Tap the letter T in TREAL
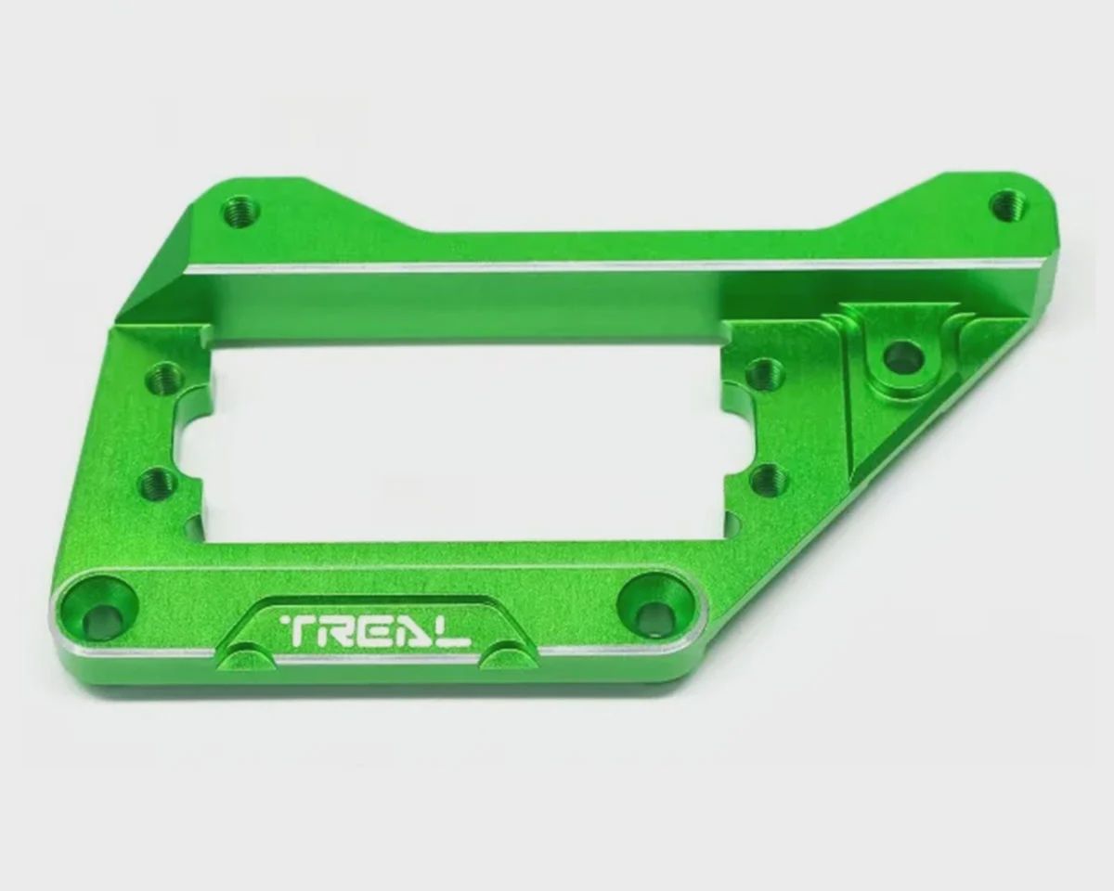(x=295, y=631)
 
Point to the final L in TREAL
(x=455, y=632)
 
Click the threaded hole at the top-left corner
(x=240, y=212)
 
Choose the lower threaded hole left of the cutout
(x=158, y=484)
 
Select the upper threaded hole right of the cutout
(x=766, y=374)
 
